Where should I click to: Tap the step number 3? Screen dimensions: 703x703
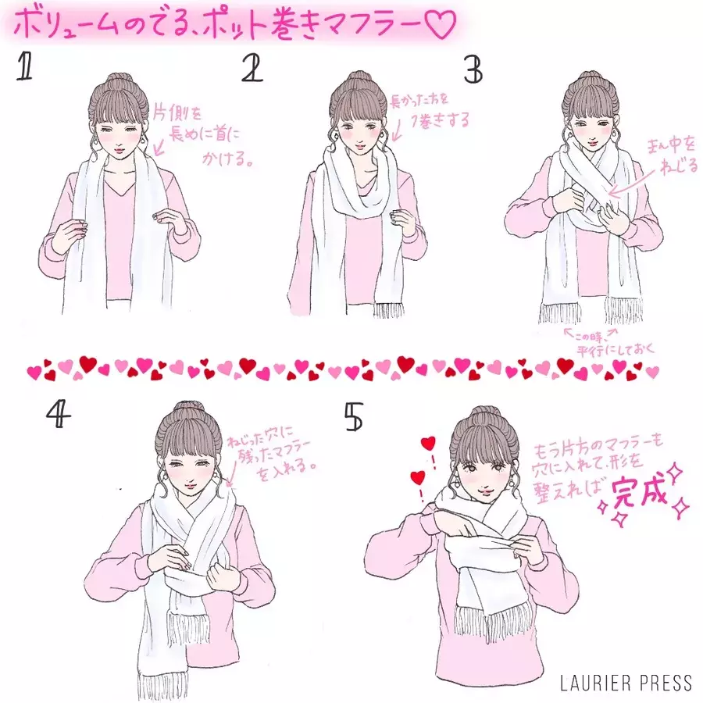pos(473,70)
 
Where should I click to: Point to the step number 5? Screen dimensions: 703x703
pos(353,418)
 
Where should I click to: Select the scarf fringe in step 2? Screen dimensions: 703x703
pos(389,309)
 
